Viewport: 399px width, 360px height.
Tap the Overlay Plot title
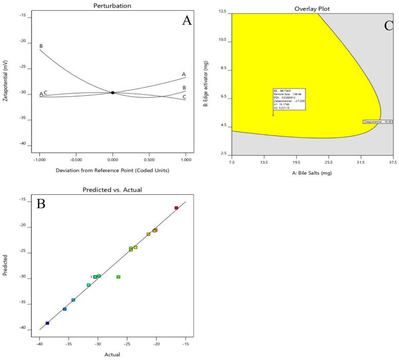point(312,8)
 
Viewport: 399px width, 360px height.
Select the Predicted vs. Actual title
point(112,190)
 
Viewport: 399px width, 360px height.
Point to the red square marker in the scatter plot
point(176,208)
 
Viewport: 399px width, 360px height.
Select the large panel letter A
point(187,21)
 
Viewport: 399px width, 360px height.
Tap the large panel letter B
point(42,204)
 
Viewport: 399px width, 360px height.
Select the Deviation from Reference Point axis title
point(113,169)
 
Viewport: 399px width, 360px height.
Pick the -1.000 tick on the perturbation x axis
point(39,160)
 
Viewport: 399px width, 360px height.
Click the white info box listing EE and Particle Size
point(290,99)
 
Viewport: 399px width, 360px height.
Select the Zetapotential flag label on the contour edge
point(377,122)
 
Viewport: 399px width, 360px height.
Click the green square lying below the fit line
point(118,277)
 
